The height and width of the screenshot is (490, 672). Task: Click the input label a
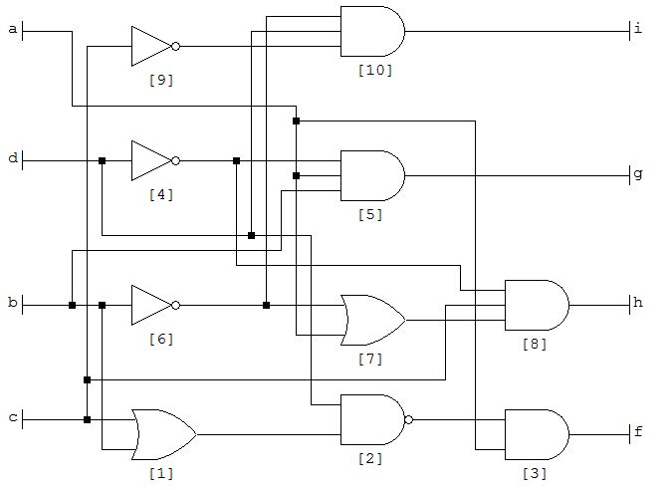13,30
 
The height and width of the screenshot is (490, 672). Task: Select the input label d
13,159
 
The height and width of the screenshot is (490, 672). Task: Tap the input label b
13,304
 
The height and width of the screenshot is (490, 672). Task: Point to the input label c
13,418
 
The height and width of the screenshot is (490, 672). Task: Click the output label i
638,30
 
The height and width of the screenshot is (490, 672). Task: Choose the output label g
638,174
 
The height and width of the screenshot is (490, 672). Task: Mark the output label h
638,303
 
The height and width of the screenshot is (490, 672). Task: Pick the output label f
638,433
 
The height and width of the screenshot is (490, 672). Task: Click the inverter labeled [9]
152,46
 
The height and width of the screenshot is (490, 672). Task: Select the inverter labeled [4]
152,160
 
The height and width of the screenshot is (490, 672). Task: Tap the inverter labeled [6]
152,305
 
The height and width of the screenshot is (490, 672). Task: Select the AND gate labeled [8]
537,304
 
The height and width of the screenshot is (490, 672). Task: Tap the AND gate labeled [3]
537,434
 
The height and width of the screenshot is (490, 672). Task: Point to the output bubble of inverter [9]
176,46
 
